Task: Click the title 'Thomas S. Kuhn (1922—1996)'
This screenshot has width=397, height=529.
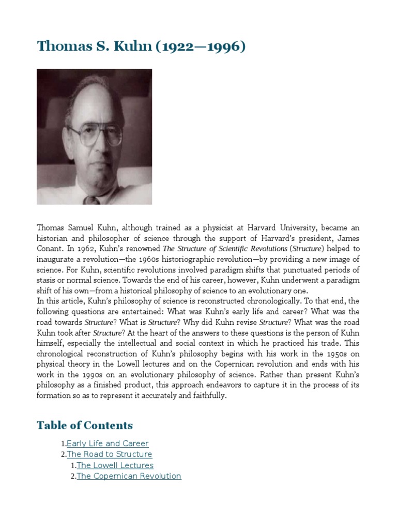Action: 141,46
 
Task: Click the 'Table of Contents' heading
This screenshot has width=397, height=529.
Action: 84,425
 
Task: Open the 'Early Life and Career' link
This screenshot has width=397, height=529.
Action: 108,443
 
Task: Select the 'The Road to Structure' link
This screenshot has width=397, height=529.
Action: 110,454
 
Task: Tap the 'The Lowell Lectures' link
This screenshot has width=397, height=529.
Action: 115,465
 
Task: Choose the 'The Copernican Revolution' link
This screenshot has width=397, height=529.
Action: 129,476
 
